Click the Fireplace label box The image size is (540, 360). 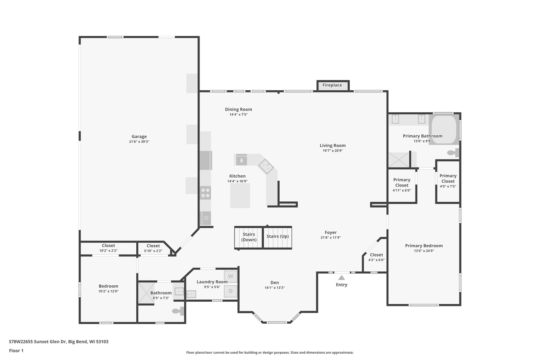click(332, 85)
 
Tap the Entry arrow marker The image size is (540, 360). click(341, 278)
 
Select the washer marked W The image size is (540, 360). click(230, 276)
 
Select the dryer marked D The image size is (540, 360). click(230, 291)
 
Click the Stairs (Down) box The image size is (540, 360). click(249, 238)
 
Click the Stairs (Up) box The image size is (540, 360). click(278, 238)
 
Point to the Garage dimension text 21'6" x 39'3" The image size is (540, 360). click(139, 142)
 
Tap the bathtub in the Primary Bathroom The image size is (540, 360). click(443, 130)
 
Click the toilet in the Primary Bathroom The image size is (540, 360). click(453, 152)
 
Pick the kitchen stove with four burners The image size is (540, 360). click(205, 193)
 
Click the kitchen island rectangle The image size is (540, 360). click(240, 195)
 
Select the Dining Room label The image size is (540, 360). click(238, 109)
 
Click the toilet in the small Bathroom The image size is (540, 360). click(178, 311)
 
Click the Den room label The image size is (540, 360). click(275, 283)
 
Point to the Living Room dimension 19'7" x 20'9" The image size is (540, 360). click(332, 151)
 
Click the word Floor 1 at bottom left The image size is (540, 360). click(16, 350)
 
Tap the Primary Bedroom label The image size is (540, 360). click(424, 246)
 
